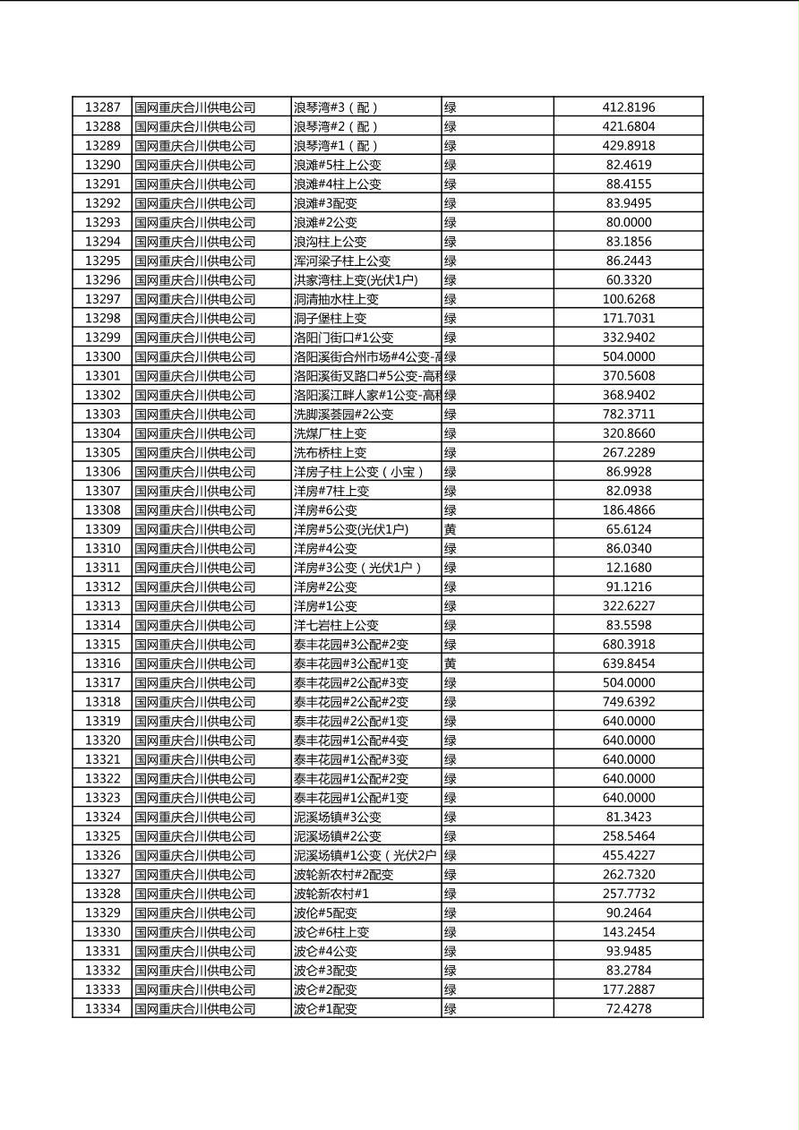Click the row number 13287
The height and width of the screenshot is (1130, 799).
tap(102, 107)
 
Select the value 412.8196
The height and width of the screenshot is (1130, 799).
tap(628, 107)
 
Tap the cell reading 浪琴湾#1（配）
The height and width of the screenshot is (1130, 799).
tap(336, 146)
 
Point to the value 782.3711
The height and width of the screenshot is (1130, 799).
tap(628, 415)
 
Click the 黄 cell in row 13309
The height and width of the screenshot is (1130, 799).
tap(451, 529)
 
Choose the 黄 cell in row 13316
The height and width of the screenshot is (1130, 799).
tap(451, 663)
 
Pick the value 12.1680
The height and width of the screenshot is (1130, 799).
tap(628, 568)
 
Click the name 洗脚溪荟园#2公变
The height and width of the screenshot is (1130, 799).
tap(343, 415)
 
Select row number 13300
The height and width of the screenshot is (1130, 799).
tap(102, 357)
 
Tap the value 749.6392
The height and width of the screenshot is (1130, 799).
tap(628, 702)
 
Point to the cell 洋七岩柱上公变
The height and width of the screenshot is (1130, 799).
tap(336, 625)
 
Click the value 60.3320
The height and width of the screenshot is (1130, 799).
tap(628, 280)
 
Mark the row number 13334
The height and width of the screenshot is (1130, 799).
tap(102, 1009)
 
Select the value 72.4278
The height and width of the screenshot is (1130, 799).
tap(628, 1009)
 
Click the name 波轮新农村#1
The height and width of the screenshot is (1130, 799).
tap(331, 894)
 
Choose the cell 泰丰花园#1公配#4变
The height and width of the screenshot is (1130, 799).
tap(350, 740)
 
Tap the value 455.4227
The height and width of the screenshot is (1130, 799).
tap(628, 855)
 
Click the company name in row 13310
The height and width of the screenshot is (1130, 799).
tap(195, 549)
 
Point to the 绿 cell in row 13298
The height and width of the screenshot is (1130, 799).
tap(451, 319)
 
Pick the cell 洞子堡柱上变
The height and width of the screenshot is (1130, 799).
tap(330, 319)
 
